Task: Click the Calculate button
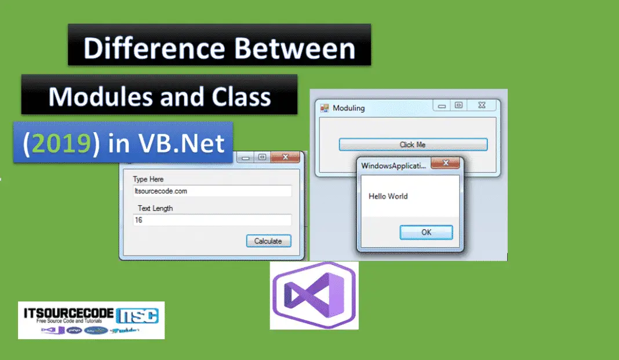click(268, 241)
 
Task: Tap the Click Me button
click(413, 144)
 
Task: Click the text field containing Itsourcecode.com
click(212, 191)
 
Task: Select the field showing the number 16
click(212, 220)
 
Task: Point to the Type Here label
click(148, 179)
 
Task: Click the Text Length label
click(155, 208)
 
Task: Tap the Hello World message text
click(388, 197)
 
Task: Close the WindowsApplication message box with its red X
click(446, 164)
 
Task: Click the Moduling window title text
click(349, 108)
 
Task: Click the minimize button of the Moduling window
click(442, 106)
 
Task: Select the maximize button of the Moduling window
click(458, 106)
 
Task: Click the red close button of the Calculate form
click(285, 157)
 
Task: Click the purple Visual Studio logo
click(314, 294)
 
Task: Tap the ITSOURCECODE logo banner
click(91, 320)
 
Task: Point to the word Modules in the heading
click(89, 97)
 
